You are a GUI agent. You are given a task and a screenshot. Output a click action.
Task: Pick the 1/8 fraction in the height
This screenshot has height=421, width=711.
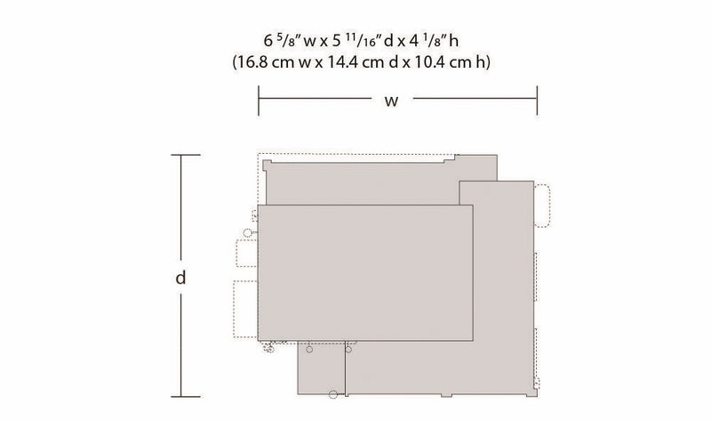point(433,40)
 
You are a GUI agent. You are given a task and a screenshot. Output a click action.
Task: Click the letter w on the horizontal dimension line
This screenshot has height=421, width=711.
point(391,101)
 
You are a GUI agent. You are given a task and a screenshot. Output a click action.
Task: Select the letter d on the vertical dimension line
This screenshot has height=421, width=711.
point(181,277)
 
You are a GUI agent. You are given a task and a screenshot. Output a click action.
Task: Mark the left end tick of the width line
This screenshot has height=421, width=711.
point(259,101)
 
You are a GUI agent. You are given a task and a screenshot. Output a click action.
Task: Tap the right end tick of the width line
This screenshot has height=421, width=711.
point(538,101)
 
